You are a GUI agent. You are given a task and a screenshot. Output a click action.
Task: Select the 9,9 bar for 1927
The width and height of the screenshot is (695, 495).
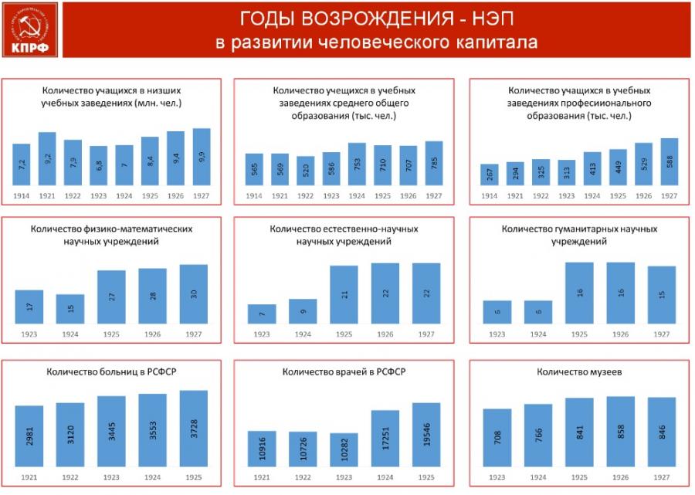coord(202,157)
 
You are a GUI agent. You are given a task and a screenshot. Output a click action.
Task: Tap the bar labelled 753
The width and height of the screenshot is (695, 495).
coord(357,164)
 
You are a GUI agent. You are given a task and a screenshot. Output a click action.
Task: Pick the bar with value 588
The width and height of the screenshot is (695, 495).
coord(669,162)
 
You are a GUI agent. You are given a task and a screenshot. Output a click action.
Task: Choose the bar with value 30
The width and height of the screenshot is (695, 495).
coord(194,294)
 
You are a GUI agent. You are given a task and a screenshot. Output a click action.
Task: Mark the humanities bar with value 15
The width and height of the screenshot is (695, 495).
coord(661,295)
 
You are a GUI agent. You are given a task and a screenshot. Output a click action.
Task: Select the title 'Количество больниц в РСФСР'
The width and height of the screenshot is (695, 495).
coord(112,373)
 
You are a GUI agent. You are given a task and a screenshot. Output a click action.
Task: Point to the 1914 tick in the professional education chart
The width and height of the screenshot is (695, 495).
coord(490,196)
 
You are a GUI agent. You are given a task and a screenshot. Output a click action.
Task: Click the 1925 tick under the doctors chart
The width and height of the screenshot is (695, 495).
coord(426,476)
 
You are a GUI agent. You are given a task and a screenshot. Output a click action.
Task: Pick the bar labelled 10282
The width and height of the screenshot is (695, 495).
coord(344,449)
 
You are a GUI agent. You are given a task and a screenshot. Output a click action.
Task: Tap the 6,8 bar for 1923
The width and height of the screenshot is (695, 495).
coord(99,166)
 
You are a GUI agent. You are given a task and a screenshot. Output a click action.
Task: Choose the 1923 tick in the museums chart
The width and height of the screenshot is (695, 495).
coord(497,476)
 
